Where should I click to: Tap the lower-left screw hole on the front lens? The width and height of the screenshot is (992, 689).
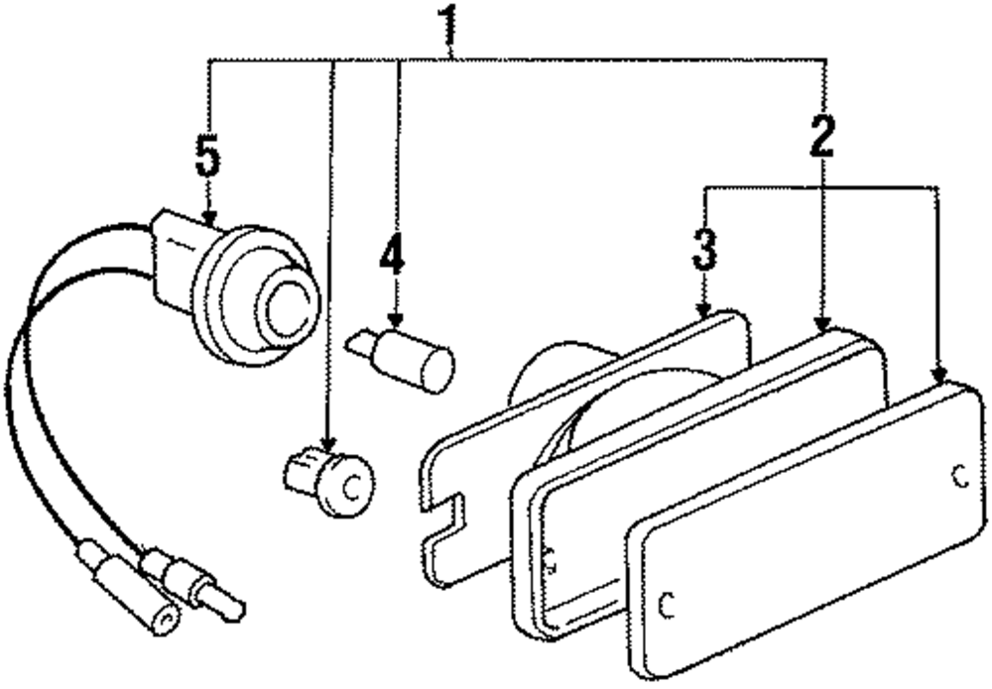point(667,601)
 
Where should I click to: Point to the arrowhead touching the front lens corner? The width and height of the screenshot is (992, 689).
point(937,374)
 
